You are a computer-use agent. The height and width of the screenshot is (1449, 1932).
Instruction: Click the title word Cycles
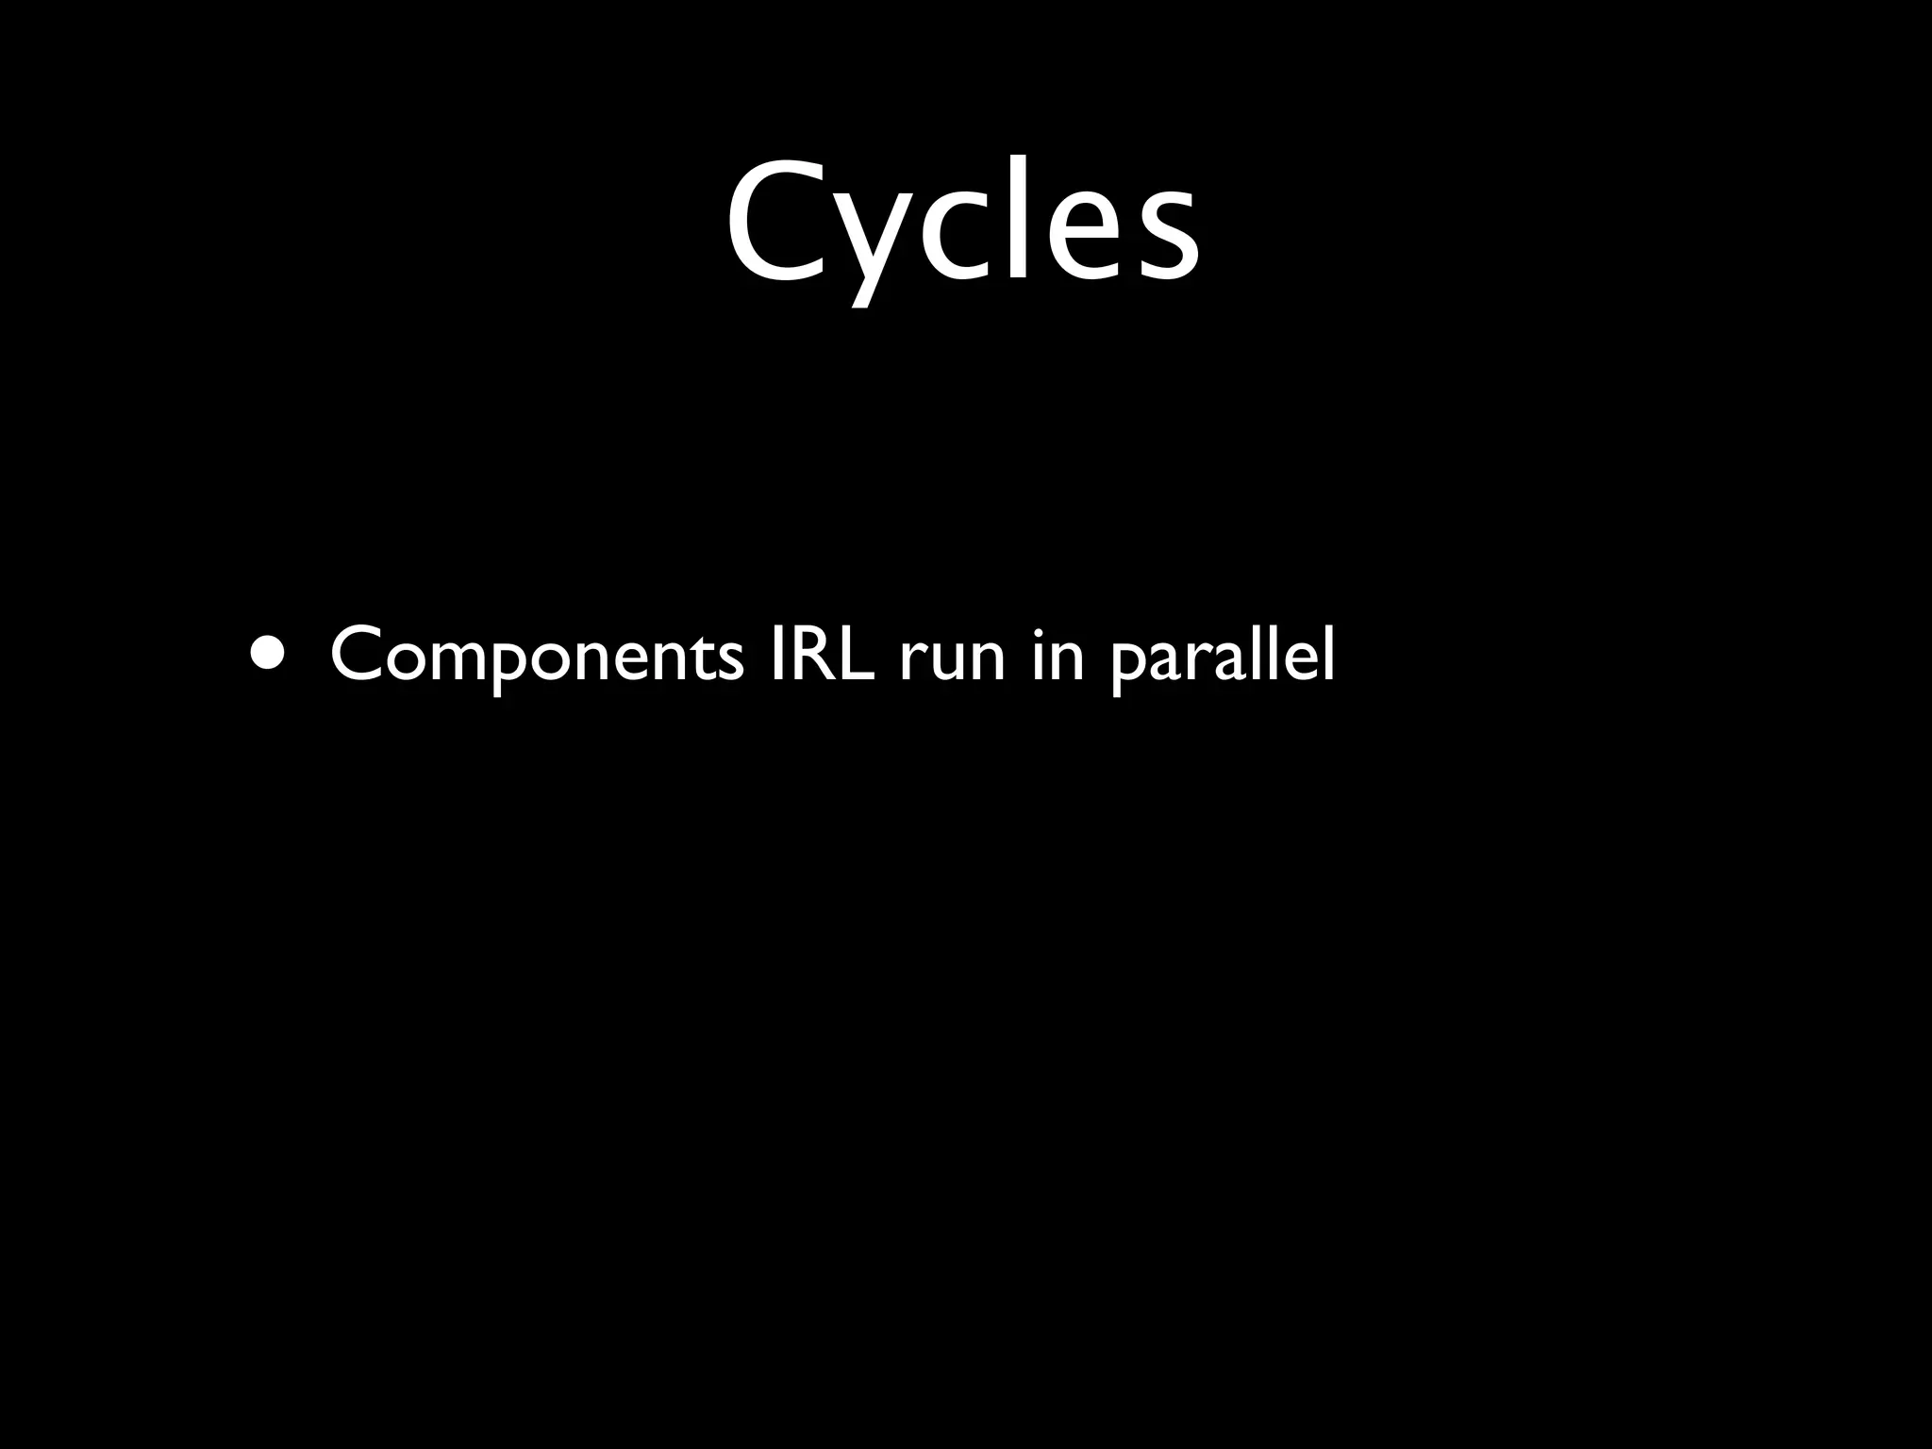963,226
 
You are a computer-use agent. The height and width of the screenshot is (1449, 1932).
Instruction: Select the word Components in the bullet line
537,657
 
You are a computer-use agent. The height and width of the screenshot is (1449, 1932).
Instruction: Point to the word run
952,660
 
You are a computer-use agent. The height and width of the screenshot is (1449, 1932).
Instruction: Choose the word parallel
1223,657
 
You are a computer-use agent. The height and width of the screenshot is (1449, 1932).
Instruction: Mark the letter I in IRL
775,653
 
